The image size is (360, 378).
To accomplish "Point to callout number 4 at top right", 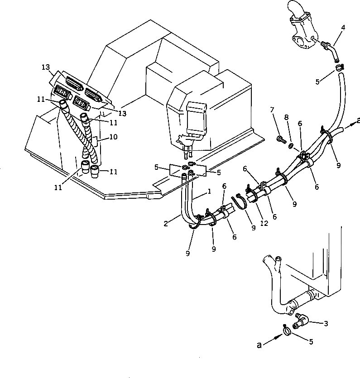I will coord(343,28).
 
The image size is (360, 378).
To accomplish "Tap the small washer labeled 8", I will coord(290,146).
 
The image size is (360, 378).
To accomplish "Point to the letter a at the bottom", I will coord(259,345).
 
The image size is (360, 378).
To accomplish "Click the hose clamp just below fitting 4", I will coord(339,68).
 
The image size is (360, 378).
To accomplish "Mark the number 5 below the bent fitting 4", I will coord(317,82).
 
